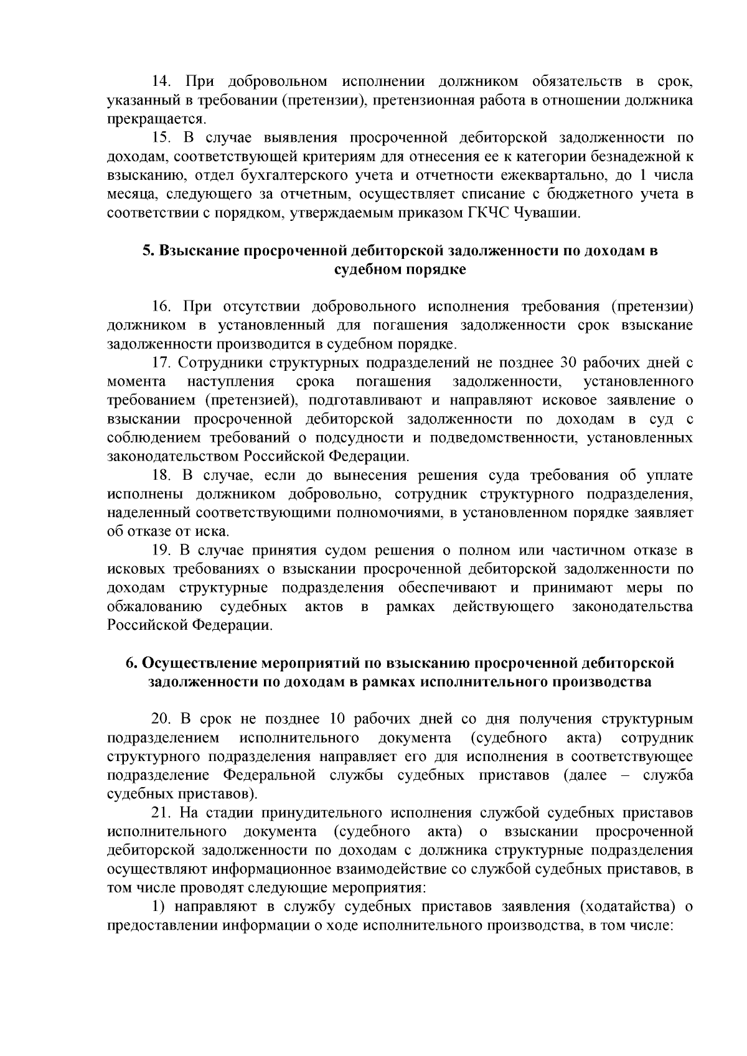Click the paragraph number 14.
[x=162, y=82]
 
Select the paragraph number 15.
[x=162, y=138]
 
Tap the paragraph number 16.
[x=162, y=306]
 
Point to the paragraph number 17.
[x=162, y=363]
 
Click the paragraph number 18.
[x=162, y=475]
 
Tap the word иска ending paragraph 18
[x=214, y=531]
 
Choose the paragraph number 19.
[x=162, y=550]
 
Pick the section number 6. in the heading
[x=131, y=663]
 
